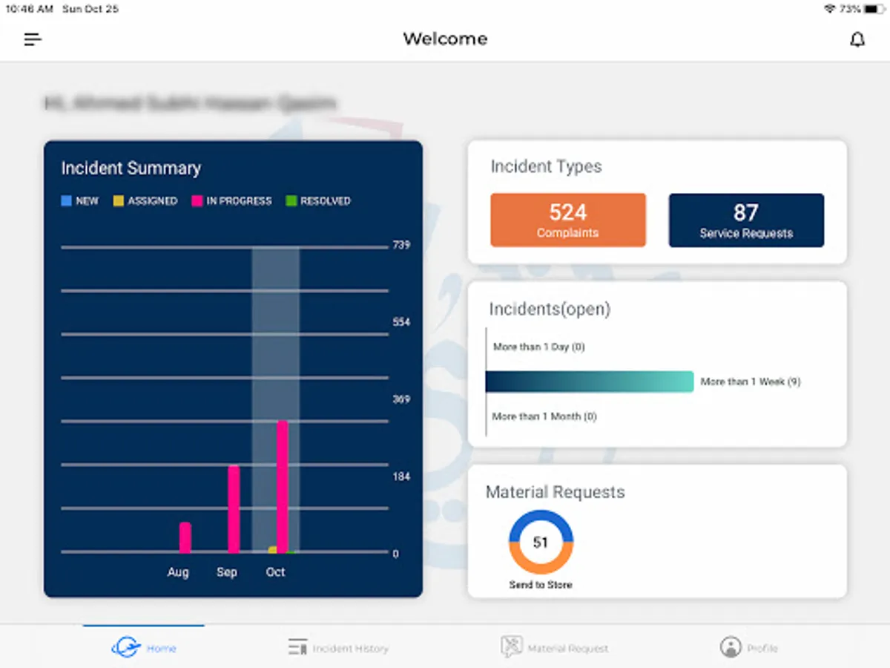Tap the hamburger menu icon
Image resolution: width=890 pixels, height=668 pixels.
(33, 39)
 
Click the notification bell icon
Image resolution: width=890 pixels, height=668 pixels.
(857, 39)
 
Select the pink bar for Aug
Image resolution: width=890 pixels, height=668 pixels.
(185, 537)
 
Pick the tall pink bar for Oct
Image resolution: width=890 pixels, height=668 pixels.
(283, 486)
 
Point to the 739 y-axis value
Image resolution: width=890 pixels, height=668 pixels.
(401, 245)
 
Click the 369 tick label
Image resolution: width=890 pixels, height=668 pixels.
(401, 399)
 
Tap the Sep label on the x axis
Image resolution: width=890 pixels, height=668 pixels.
(227, 572)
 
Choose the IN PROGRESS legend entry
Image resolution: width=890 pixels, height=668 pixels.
(232, 201)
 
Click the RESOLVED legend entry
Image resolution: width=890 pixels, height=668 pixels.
(318, 201)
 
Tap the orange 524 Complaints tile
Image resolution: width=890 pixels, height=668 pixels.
(568, 220)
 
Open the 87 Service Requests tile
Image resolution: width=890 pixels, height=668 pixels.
(746, 220)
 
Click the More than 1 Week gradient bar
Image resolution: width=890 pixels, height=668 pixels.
(590, 382)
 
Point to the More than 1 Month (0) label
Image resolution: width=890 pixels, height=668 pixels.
(544, 416)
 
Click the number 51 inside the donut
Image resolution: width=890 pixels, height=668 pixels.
(541, 543)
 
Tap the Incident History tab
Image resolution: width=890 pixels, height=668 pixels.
(339, 648)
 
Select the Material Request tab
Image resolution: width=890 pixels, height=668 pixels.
(555, 648)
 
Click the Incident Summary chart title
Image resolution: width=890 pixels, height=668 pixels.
(131, 168)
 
